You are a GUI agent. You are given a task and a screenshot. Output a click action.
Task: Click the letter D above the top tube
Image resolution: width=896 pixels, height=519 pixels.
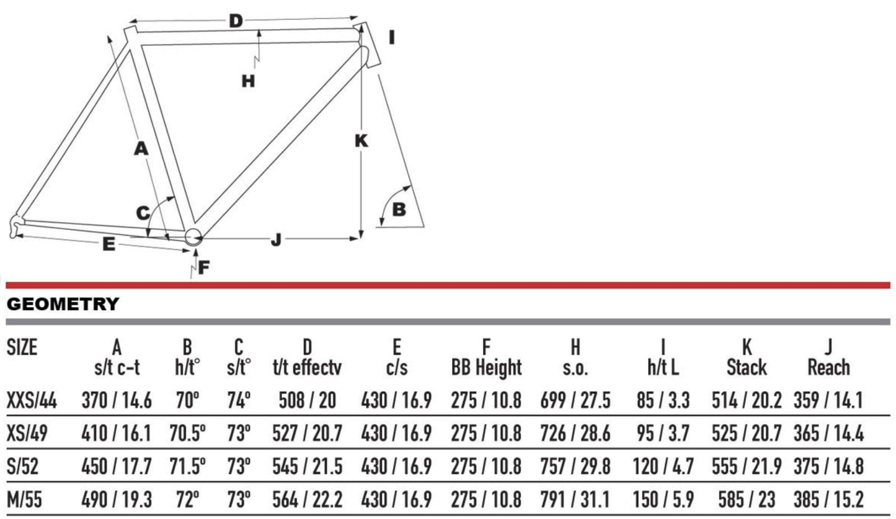[236, 21]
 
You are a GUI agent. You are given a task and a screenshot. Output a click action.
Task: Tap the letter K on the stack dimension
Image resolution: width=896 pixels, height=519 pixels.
[362, 141]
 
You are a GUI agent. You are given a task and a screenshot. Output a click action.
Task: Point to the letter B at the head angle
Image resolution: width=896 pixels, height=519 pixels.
[399, 210]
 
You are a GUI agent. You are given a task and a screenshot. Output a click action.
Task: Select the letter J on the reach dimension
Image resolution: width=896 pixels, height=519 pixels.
[276, 240]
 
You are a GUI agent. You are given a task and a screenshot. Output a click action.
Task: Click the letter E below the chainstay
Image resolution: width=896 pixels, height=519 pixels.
[109, 244]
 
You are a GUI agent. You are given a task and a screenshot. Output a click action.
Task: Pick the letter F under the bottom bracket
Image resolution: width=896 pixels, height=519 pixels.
[204, 267]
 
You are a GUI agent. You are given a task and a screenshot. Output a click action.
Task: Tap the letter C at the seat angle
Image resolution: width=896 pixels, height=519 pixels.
[143, 213]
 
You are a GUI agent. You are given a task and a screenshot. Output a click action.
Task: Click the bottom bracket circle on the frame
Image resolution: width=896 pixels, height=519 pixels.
[193, 237]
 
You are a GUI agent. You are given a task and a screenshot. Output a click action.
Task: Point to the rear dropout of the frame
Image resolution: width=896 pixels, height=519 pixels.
[16, 226]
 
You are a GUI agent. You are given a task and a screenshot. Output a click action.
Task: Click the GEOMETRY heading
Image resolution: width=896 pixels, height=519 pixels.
[63, 304]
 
